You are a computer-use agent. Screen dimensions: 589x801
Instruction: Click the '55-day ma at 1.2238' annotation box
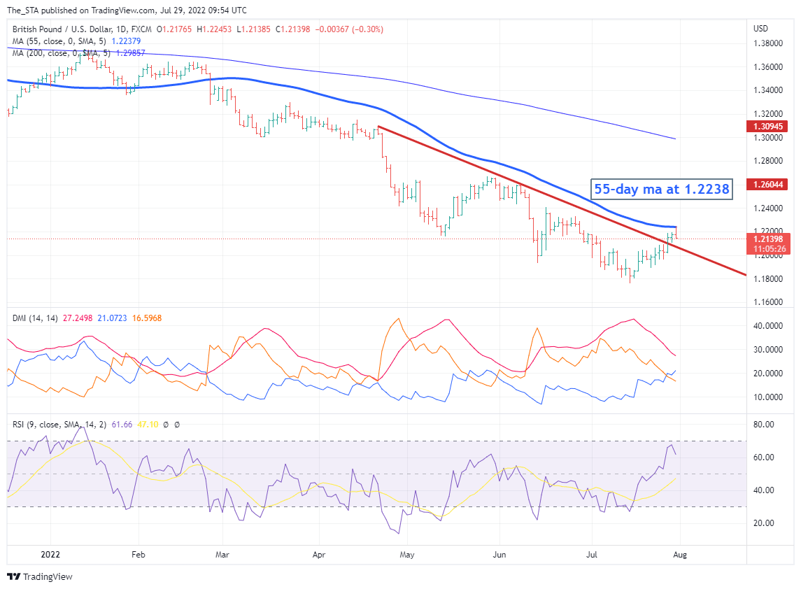tap(661, 188)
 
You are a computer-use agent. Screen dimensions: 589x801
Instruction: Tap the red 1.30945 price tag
tap(771, 127)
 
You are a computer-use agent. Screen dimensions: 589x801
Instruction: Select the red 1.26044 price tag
tap(771, 185)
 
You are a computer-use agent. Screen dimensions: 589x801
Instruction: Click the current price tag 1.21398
tap(771, 239)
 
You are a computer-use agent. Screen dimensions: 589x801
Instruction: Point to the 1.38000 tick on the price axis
tap(767, 43)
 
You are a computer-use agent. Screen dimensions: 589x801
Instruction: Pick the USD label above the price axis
tap(760, 29)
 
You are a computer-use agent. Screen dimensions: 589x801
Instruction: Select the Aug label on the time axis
tap(678, 555)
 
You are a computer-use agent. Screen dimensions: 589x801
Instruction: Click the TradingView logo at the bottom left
tap(41, 577)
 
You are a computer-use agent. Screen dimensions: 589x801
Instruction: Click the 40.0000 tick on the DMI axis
tap(767, 326)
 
